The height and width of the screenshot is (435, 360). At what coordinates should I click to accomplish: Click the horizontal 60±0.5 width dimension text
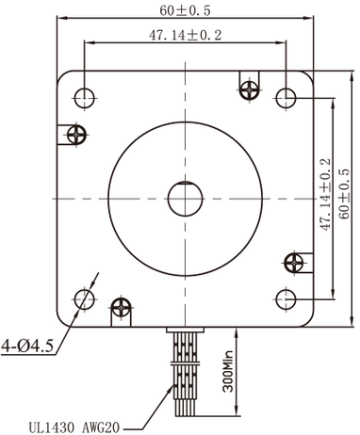[x=185, y=10]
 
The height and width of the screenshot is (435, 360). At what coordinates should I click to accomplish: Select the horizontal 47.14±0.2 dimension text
[x=185, y=36]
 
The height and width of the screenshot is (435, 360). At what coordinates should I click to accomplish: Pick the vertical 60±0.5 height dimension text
[x=345, y=194]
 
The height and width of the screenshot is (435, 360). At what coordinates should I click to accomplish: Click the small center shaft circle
[x=185, y=198]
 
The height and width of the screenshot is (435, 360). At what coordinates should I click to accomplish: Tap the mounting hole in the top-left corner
[x=83, y=95]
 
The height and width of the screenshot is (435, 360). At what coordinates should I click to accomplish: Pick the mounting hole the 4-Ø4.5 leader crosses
[x=83, y=299]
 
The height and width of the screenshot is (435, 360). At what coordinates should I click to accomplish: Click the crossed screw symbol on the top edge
[x=250, y=89]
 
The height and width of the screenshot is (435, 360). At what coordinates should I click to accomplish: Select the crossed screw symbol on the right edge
[x=294, y=260]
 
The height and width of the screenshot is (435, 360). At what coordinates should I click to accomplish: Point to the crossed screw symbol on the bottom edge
[x=121, y=306]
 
